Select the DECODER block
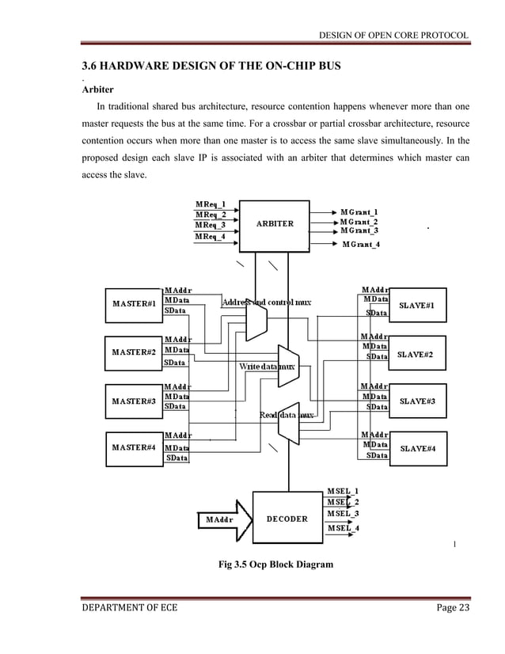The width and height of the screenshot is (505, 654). [x=287, y=519]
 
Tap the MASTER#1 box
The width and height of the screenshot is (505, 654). [x=132, y=303]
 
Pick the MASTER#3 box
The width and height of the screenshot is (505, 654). [x=132, y=401]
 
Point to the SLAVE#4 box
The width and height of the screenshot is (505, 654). [x=425, y=449]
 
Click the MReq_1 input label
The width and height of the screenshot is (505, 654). [x=211, y=203]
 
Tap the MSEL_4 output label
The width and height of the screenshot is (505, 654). [x=344, y=528]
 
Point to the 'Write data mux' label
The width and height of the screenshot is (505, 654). [x=267, y=367]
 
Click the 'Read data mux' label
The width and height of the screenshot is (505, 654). [x=287, y=415]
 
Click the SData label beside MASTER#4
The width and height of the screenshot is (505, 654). [x=176, y=458]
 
